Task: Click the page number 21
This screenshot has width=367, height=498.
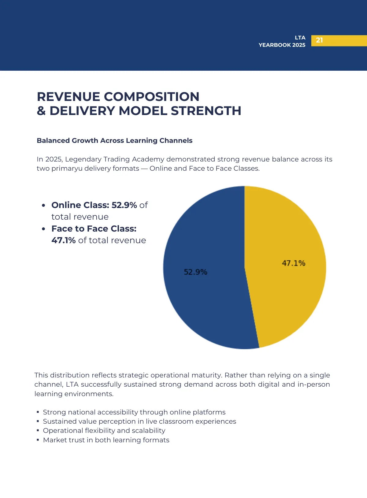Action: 319,40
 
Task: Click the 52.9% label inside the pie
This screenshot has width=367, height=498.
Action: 195,272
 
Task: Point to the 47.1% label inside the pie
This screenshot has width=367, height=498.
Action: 294,263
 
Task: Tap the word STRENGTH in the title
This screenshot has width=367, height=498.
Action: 206,111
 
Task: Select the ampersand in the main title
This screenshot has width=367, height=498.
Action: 41,111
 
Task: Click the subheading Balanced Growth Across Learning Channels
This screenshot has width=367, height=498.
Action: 114,140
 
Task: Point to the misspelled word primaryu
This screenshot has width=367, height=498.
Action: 67,169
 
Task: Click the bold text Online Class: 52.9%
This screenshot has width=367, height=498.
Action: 94,205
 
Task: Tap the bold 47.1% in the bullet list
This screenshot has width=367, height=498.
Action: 63,240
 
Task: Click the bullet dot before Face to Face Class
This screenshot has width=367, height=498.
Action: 43,229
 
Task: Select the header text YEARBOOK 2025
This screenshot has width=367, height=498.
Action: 282,45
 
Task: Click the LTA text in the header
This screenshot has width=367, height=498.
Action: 300,38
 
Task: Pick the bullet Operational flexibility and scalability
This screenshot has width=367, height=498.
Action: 104,431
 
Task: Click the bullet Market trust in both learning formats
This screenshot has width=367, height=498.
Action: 106,440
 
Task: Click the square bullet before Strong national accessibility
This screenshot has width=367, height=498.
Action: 38,412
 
